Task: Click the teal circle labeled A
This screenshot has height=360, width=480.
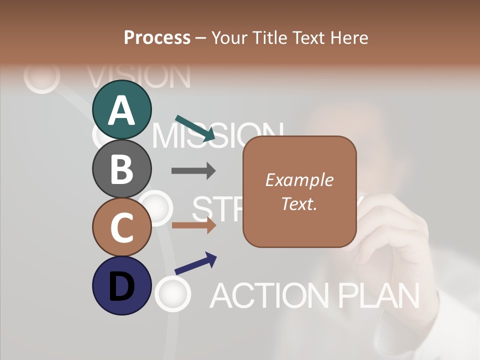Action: coord(122,109)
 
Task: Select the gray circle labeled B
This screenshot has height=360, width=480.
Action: coord(122,168)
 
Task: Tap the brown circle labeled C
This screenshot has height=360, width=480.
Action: coord(122,227)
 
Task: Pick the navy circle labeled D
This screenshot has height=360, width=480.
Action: coord(122,285)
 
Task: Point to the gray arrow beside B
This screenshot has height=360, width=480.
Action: coord(193,171)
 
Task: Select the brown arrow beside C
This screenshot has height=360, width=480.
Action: coord(193,225)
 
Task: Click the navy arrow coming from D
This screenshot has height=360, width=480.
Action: coord(195,263)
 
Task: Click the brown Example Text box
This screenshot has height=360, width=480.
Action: coord(299,192)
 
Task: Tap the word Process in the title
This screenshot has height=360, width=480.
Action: coord(157,37)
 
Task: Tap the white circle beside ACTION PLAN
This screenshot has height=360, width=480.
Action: coord(173,293)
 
